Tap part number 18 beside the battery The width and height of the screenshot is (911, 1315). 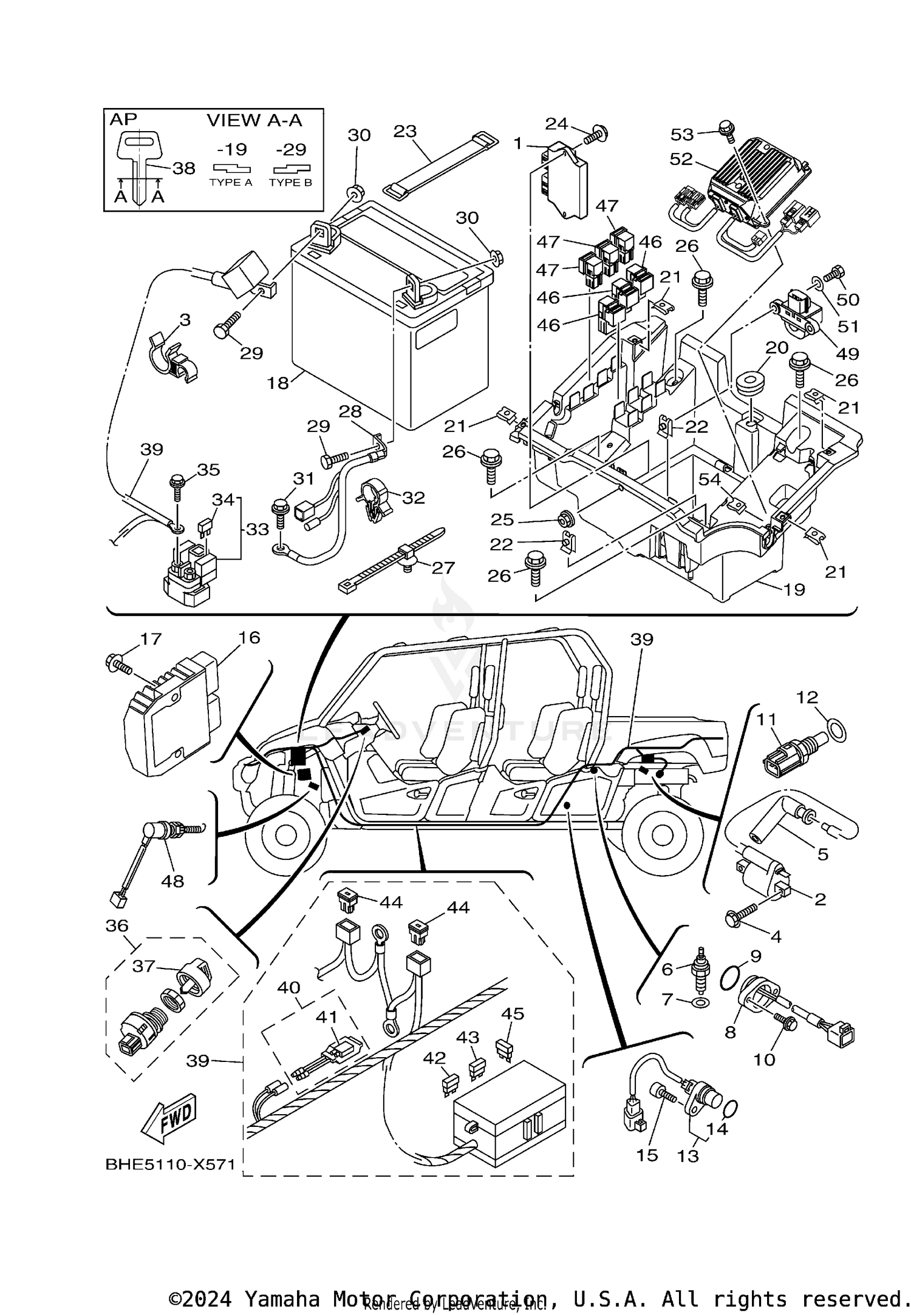tap(278, 383)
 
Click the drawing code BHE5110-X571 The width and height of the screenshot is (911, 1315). tap(170, 1165)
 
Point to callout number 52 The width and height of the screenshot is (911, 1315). tap(681, 159)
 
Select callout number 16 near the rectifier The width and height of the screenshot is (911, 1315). tap(249, 638)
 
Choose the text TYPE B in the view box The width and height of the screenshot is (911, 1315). tap(290, 182)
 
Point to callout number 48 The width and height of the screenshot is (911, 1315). tap(172, 881)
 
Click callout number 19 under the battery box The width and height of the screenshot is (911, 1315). tap(794, 589)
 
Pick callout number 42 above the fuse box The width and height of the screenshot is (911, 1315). tap(434, 1058)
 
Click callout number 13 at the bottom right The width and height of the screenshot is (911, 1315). tap(688, 1156)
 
